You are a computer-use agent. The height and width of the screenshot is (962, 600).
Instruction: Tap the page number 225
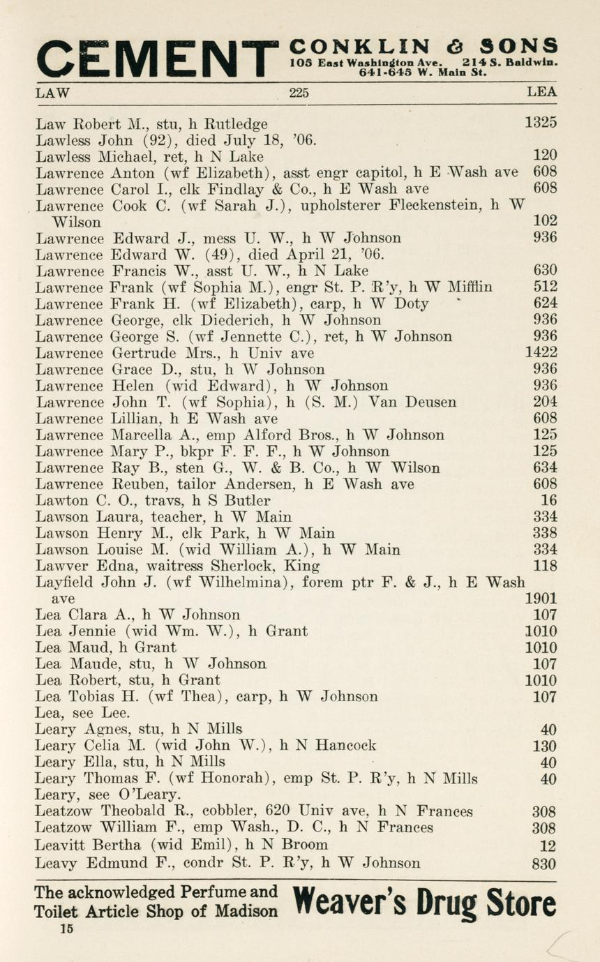[299, 92]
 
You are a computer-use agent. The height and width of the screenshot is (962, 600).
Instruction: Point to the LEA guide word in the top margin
[542, 92]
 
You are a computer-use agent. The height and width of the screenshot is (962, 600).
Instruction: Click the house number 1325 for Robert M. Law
[541, 123]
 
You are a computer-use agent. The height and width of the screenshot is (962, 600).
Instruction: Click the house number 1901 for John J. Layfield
[541, 599]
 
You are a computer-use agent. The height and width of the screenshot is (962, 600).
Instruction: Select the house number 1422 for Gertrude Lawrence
[541, 353]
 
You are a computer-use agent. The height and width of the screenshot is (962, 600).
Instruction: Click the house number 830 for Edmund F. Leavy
[544, 864]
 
